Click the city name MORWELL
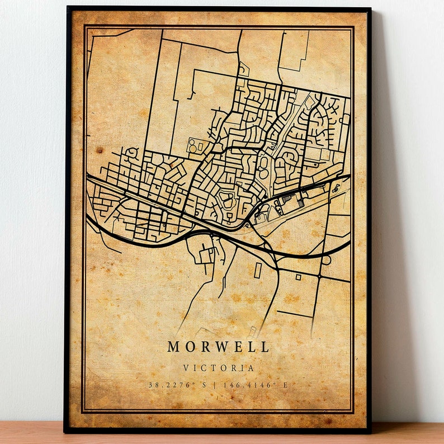218,347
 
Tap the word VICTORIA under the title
218,369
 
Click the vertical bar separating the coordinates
215,385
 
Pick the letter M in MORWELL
173,347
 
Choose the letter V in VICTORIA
186,369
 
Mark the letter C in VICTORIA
204,369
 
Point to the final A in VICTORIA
251,369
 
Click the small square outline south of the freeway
298,277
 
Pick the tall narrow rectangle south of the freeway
257,271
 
